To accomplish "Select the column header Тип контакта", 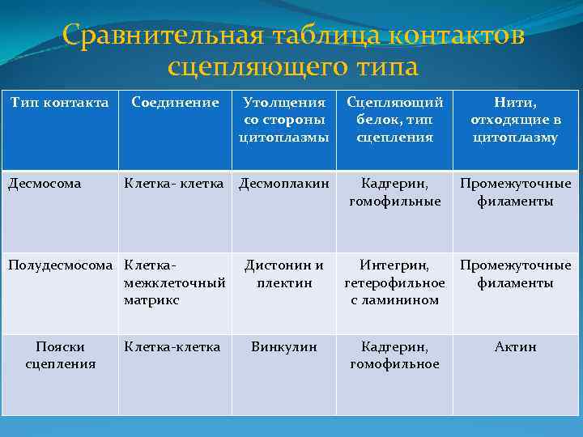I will pos(59,103).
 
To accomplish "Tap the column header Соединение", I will pos(175,103).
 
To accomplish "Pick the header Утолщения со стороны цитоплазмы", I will pos(283,120).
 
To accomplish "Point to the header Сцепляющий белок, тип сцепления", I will pos(394,120).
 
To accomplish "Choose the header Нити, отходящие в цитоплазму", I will pos(516,120).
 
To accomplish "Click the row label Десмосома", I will pos(45,184).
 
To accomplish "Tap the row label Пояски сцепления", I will pos(60,355).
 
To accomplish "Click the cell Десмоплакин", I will pos(283,184).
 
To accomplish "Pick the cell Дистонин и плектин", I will pos(283,274).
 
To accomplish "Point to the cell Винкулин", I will pos(283,347).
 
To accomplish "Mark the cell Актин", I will pos(516,347).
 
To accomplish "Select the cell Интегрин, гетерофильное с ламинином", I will pos(394,282).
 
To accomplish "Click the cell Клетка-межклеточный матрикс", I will pos(174,282).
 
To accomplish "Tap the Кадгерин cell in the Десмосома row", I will pos(394,192).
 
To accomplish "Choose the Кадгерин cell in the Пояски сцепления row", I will pos(394,355).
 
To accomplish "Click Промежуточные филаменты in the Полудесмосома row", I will pos(516,274).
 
